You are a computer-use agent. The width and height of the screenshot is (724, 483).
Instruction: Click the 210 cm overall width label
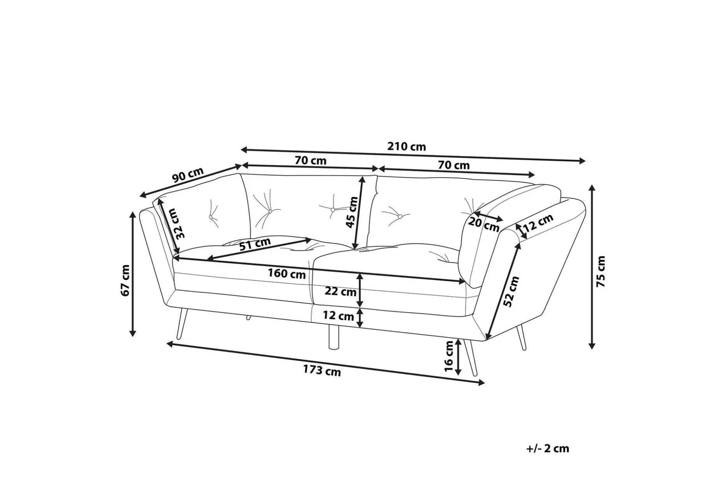pyautogui.click(x=407, y=147)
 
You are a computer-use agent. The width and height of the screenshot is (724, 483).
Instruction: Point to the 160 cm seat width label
pyautogui.click(x=287, y=273)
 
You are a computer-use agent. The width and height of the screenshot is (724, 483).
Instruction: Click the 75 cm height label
pyautogui.click(x=601, y=271)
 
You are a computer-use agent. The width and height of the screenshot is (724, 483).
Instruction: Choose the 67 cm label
pyautogui.click(x=125, y=280)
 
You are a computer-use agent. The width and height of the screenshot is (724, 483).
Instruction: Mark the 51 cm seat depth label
pyautogui.click(x=255, y=244)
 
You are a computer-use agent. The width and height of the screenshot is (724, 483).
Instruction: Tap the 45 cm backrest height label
pyautogui.click(x=352, y=212)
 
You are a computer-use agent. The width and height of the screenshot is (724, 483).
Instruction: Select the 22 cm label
pyautogui.click(x=341, y=291)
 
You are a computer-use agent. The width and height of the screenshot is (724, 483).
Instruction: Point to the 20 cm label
pyautogui.click(x=484, y=225)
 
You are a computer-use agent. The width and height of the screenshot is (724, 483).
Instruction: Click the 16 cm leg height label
pyautogui.click(x=449, y=356)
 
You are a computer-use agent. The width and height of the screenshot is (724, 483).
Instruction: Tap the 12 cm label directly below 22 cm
pyautogui.click(x=338, y=315)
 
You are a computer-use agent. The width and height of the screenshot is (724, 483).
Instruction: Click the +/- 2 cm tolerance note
pyautogui.click(x=548, y=448)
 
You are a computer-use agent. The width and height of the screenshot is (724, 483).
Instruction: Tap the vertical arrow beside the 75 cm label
pyautogui.click(x=592, y=267)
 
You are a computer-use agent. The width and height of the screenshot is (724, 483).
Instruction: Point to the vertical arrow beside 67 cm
pyautogui.click(x=133, y=275)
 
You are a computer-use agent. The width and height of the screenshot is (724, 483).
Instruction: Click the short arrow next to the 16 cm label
pyautogui.click(x=458, y=357)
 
